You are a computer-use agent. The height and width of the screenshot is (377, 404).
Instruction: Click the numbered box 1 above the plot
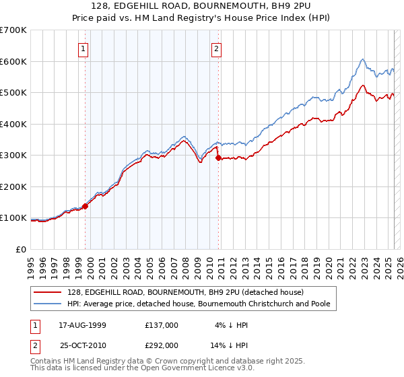tap(82, 48)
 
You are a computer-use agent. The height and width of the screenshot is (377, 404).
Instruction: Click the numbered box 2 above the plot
tap(217, 48)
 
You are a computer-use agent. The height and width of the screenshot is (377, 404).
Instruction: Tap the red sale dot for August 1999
tap(86, 207)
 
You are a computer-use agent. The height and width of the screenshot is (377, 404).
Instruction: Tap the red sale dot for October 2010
tap(218, 158)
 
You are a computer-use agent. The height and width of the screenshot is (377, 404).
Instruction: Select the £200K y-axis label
tap(15, 186)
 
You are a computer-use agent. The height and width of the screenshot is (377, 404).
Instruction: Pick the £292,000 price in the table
tap(162, 345)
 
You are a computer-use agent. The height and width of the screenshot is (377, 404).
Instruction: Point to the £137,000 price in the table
tap(162, 324)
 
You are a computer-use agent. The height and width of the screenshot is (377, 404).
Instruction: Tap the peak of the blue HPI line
tap(362, 59)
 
